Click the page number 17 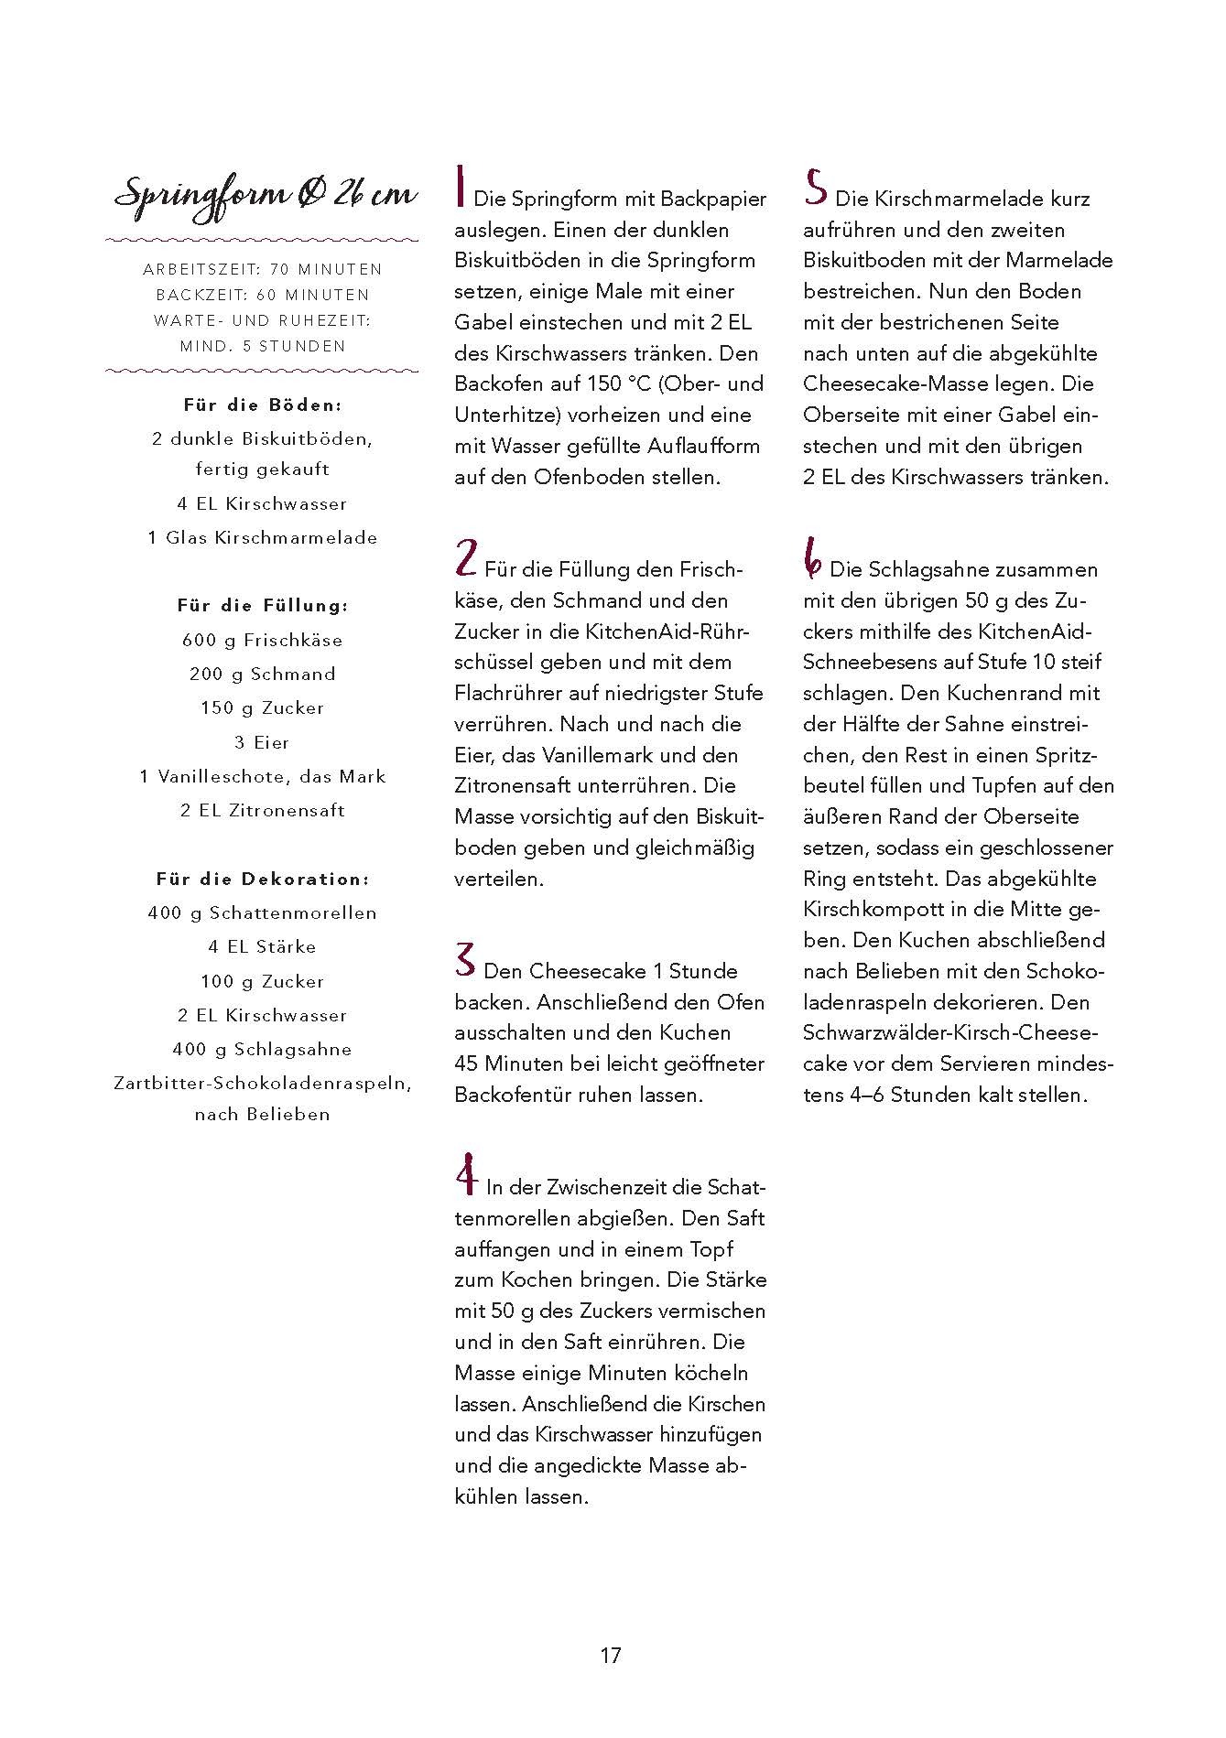click(611, 1656)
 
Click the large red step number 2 click(465, 557)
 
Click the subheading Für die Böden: click(262, 405)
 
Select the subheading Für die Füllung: click(262, 606)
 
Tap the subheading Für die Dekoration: click(262, 879)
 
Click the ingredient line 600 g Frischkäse click(262, 640)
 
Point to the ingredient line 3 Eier click(262, 742)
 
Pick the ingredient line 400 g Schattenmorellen click(262, 912)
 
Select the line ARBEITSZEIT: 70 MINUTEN click(262, 270)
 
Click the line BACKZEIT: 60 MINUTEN click(262, 296)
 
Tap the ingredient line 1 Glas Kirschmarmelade click(262, 538)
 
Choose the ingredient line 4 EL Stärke click(262, 947)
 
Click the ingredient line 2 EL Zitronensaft click(262, 811)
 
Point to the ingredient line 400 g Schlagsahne click(262, 1050)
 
